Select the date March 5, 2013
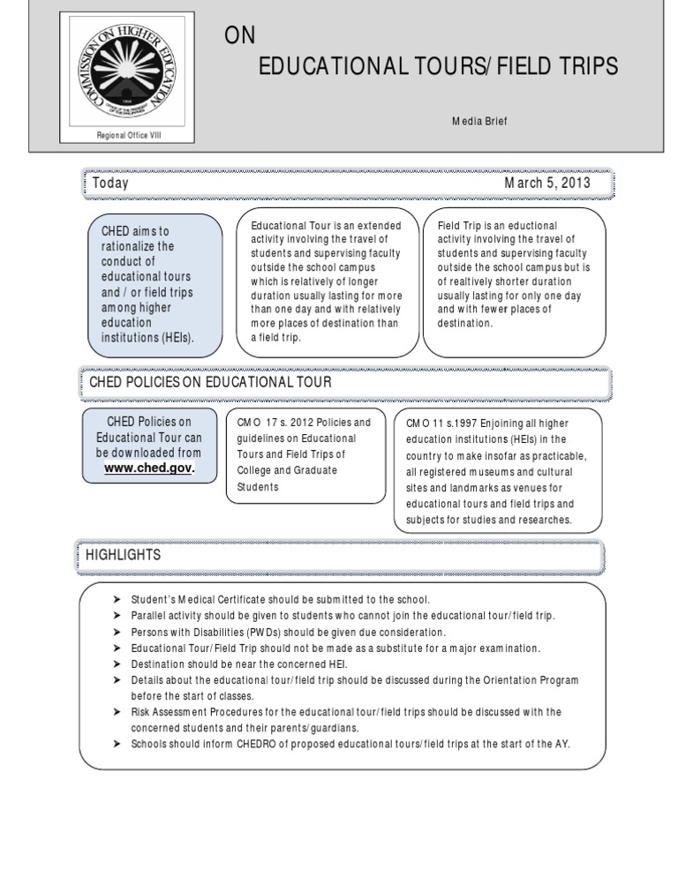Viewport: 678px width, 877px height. click(547, 184)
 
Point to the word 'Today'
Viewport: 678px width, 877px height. click(110, 184)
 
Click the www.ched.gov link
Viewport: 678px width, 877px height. click(148, 468)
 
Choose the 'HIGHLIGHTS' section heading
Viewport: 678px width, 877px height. click(123, 555)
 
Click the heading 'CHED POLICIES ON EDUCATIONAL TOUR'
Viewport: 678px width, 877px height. click(211, 382)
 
